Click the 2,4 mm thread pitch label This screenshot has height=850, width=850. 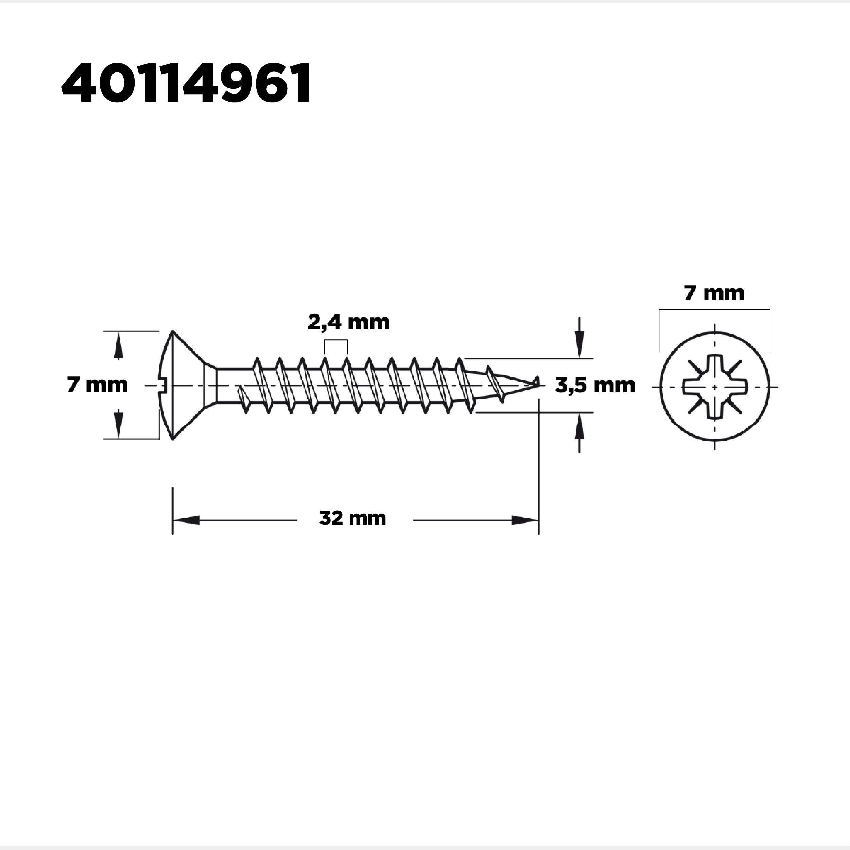348,323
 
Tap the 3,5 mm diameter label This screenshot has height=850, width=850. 595,386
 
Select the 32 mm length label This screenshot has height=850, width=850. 353,518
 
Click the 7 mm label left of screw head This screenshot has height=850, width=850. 97,385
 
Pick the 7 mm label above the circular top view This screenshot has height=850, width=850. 714,293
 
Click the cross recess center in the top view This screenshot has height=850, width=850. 714,387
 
